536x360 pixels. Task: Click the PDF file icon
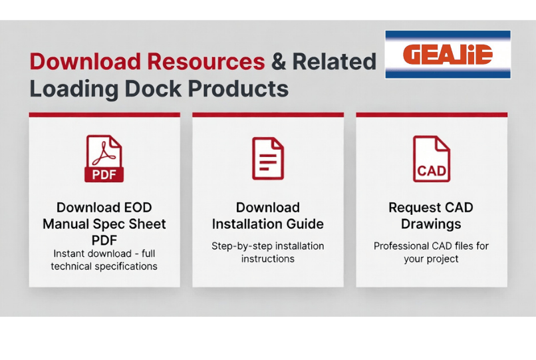[x=104, y=158]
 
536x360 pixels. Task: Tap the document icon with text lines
[x=268, y=158]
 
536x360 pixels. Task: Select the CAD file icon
[x=432, y=159]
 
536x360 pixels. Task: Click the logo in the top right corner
[x=448, y=55]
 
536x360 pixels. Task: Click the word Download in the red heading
[x=85, y=61]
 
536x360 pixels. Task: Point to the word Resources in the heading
[x=205, y=61]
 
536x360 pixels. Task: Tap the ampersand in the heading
[x=279, y=62]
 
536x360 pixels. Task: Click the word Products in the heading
[x=238, y=89]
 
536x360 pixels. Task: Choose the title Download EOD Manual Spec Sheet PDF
[x=104, y=224]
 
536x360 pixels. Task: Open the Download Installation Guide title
[x=268, y=216]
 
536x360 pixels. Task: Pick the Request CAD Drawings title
[x=431, y=216]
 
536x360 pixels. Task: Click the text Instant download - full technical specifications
[x=104, y=260]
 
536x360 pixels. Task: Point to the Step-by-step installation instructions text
[x=268, y=252]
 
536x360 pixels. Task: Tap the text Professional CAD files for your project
[x=431, y=252]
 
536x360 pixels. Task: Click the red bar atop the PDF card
[x=104, y=114]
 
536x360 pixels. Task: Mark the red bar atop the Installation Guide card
[x=268, y=114]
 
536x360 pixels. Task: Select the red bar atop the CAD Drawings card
[x=432, y=114]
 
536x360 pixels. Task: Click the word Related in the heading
[x=335, y=61]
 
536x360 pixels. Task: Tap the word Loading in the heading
[x=74, y=89]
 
